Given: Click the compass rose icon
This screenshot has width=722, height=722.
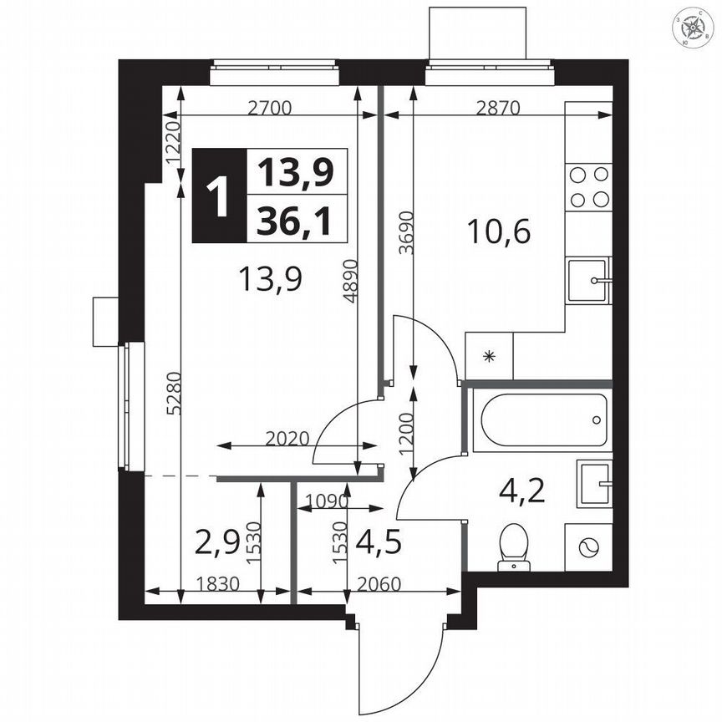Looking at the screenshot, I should coord(694,29).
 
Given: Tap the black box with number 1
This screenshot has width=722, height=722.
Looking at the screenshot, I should coord(219,196).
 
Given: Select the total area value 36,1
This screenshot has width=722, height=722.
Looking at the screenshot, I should coord(295,221).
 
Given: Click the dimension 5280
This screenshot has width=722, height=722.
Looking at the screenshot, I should coord(172,393).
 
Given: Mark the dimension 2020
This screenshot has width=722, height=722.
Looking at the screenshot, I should coord(288,437).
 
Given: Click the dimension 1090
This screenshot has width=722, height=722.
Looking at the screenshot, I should coord(325,501).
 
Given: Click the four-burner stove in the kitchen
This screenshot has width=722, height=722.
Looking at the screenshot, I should coord(588,186).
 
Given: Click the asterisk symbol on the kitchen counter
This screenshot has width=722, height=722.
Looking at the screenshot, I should coord(490,356).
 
